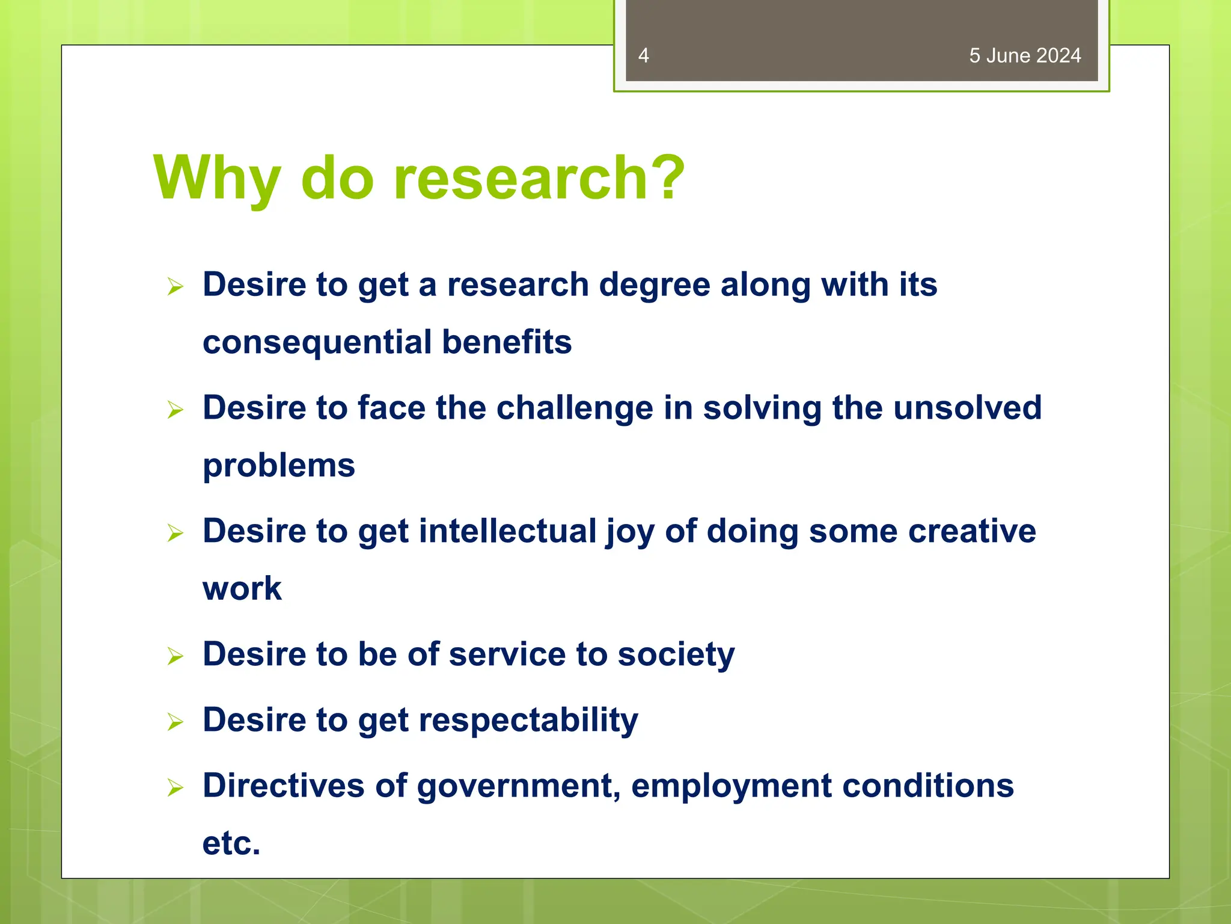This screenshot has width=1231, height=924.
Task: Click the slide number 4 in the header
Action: (643, 56)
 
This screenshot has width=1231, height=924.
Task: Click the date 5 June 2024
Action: (1024, 56)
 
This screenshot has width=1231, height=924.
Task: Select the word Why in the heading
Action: (217, 179)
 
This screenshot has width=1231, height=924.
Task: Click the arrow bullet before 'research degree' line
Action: (175, 286)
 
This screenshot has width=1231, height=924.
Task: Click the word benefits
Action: (507, 342)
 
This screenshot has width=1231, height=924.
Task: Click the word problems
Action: (279, 466)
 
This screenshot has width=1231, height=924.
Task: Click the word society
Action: (676, 654)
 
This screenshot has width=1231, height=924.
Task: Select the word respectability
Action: (528, 721)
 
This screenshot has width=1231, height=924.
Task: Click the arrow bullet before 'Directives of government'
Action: (175, 787)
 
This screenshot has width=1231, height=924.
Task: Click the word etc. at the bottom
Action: (231, 843)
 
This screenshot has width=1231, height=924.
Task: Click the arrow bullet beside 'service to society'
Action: (175, 656)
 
